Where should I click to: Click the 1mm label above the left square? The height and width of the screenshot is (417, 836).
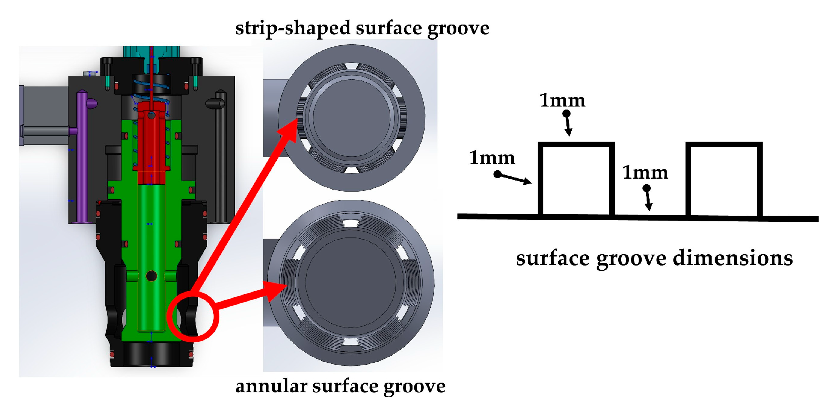coord(562,100)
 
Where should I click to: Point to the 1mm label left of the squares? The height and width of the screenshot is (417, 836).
coord(492,158)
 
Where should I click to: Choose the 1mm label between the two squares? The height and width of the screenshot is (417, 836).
coord(645,173)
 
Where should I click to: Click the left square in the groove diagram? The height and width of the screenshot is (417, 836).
coord(576,180)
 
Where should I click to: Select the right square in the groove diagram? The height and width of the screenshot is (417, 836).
coord(724,180)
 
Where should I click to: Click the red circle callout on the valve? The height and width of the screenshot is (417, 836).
coord(193,317)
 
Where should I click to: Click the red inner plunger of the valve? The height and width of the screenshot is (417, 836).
coord(151,144)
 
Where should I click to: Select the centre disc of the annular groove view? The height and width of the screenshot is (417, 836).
coord(351,283)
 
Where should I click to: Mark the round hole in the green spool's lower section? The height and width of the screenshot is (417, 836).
coord(151,276)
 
